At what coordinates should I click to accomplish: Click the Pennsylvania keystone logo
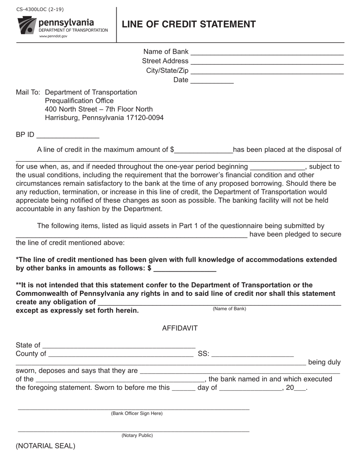pos(27,25)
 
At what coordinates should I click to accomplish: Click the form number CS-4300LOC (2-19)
pos(40,9)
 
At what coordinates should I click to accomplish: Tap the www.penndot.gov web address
pos(53,36)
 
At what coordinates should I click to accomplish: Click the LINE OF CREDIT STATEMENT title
pos(189,24)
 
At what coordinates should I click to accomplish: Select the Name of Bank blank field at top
pos(267,52)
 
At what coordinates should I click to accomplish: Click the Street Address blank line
pos(267,61)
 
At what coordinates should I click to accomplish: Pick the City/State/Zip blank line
pos(267,71)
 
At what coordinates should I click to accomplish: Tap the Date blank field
pos(212,80)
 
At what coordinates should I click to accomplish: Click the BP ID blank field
pos(68,135)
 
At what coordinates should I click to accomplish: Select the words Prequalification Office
pos(79,101)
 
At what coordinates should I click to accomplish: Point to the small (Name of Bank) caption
pos(229,309)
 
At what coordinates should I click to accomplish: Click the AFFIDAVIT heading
pos(180,328)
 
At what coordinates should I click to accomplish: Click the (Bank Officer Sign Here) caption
pos(136,413)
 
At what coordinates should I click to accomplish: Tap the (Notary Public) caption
pos(137,435)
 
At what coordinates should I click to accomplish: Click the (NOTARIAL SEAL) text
pos(45,446)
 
